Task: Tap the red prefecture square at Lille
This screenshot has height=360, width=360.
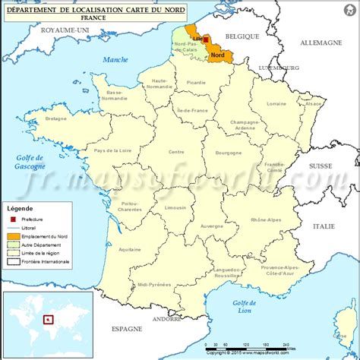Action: (x=206, y=39)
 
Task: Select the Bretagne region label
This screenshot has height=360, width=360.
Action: (x=57, y=118)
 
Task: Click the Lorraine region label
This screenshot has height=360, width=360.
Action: (x=277, y=103)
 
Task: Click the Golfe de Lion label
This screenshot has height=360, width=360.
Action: (x=242, y=306)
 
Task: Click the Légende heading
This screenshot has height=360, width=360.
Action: (x=21, y=207)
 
